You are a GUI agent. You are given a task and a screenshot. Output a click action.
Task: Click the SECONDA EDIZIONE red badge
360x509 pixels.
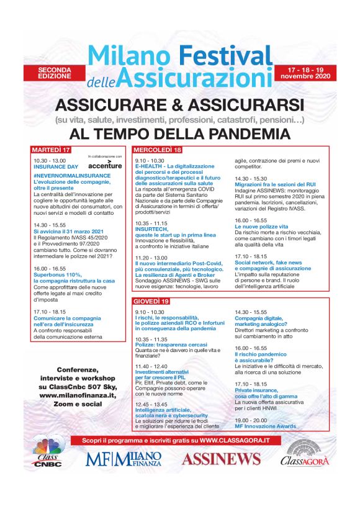pyautogui.click(x=56, y=72)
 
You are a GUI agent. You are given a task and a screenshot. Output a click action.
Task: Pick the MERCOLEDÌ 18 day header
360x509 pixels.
pyautogui.click(x=158, y=150)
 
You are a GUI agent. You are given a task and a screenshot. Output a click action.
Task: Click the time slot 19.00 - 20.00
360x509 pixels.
pyautogui.click(x=251, y=420)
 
